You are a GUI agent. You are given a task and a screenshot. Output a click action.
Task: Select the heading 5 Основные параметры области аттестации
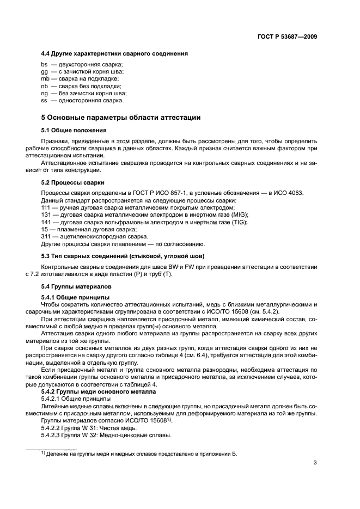point(121,117)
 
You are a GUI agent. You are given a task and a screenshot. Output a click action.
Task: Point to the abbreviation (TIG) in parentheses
point(239,223)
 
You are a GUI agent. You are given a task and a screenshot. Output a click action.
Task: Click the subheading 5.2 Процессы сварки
point(73,182)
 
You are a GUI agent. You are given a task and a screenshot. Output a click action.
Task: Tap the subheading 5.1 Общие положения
point(74,131)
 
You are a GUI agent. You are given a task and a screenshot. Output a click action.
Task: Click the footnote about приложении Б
point(142,453)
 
